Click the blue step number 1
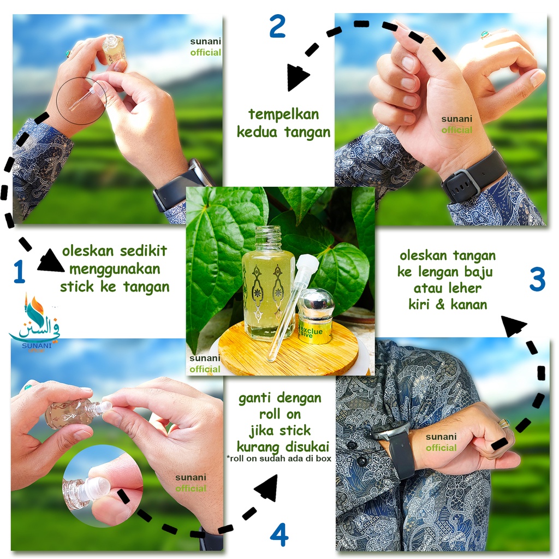coord(20,271)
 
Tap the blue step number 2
coord(278,26)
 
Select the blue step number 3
coord(537,278)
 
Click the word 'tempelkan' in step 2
coord(283,115)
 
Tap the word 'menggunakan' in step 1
coord(115,270)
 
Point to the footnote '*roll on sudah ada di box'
coord(279,459)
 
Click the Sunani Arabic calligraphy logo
coord(34,323)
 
